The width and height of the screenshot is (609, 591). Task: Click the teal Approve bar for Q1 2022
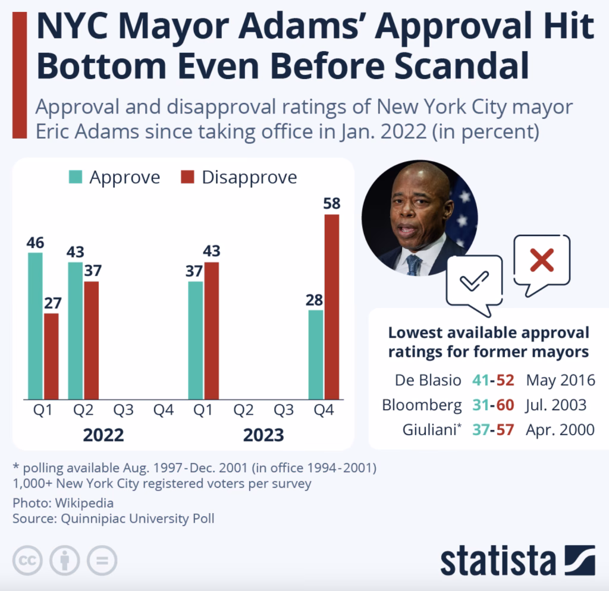click(x=35, y=326)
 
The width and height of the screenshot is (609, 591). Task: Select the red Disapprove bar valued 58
click(x=331, y=306)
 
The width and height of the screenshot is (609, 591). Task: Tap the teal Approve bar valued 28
click(x=316, y=354)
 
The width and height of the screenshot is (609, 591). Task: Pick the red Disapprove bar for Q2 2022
click(x=91, y=340)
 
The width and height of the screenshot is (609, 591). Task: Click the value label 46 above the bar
click(x=35, y=243)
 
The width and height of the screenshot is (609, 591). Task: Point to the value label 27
click(x=51, y=303)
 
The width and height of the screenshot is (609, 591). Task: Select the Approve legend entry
click(x=114, y=177)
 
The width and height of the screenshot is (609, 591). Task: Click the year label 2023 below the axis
click(x=263, y=435)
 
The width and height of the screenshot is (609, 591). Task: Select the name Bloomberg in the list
click(x=421, y=405)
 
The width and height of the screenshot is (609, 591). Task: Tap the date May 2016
click(x=561, y=380)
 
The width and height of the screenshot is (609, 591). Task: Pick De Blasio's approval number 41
click(x=479, y=380)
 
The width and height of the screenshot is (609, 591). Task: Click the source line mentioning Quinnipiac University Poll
click(x=114, y=518)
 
